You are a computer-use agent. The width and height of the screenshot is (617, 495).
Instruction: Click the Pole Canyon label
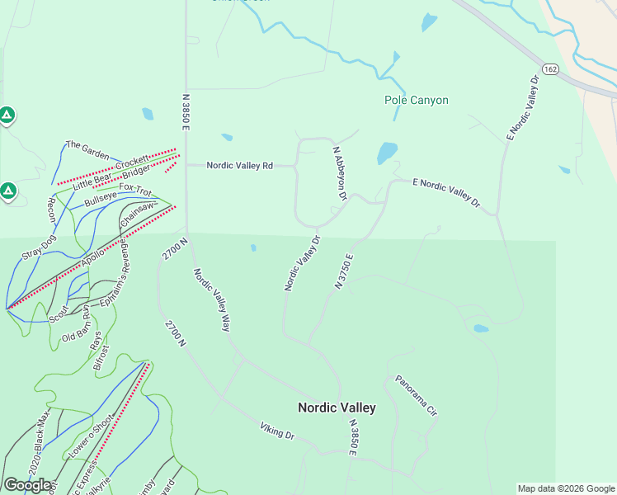417,100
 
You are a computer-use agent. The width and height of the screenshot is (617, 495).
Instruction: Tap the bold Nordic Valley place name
337,408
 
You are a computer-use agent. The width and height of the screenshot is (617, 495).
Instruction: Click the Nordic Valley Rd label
239,166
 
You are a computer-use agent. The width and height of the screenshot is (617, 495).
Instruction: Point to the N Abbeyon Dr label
339,174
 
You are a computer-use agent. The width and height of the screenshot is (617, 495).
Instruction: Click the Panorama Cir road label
415,396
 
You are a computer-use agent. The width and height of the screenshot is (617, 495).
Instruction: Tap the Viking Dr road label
277,430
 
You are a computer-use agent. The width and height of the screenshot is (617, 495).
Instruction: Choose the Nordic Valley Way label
211,299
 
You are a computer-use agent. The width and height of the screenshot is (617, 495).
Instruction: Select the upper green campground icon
7,115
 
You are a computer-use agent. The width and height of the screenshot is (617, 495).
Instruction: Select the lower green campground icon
7,192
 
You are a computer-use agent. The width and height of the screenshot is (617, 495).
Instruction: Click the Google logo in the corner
27,485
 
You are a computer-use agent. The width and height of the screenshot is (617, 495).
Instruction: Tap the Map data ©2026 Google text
566,488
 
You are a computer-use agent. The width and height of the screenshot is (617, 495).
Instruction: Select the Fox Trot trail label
135,189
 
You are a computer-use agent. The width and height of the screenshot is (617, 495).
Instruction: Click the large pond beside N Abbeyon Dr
387,153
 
